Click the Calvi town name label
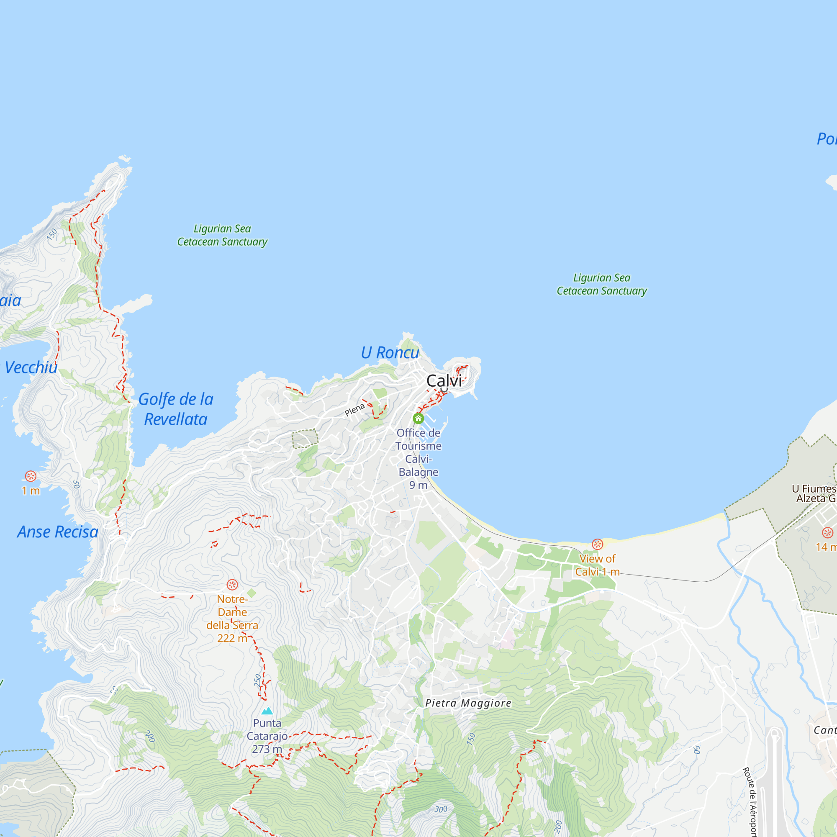(x=444, y=381)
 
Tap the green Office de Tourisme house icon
(x=418, y=418)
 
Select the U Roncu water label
(x=390, y=353)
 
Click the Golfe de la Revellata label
(x=175, y=409)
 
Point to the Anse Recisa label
(x=58, y=531)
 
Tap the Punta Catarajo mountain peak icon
(x=267, y=711)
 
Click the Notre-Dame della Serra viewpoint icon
(x=232, y=585)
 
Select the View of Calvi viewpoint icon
(x=598, y=544)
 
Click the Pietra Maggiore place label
(x=468, y=703)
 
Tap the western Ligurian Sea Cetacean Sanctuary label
(x=222, y=235)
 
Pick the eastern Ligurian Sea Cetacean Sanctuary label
(x=602, y=284)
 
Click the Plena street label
(x=355, y=409)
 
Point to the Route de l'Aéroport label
(x=752, y=801)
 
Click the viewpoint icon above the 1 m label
(x=30, y=476)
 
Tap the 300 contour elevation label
(x=441, y=809)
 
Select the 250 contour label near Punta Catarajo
(x=258, y=680)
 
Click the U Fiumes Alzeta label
(x=814, y=493)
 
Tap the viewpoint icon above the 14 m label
(x=827, y=532)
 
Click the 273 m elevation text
(x=267, y=749)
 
